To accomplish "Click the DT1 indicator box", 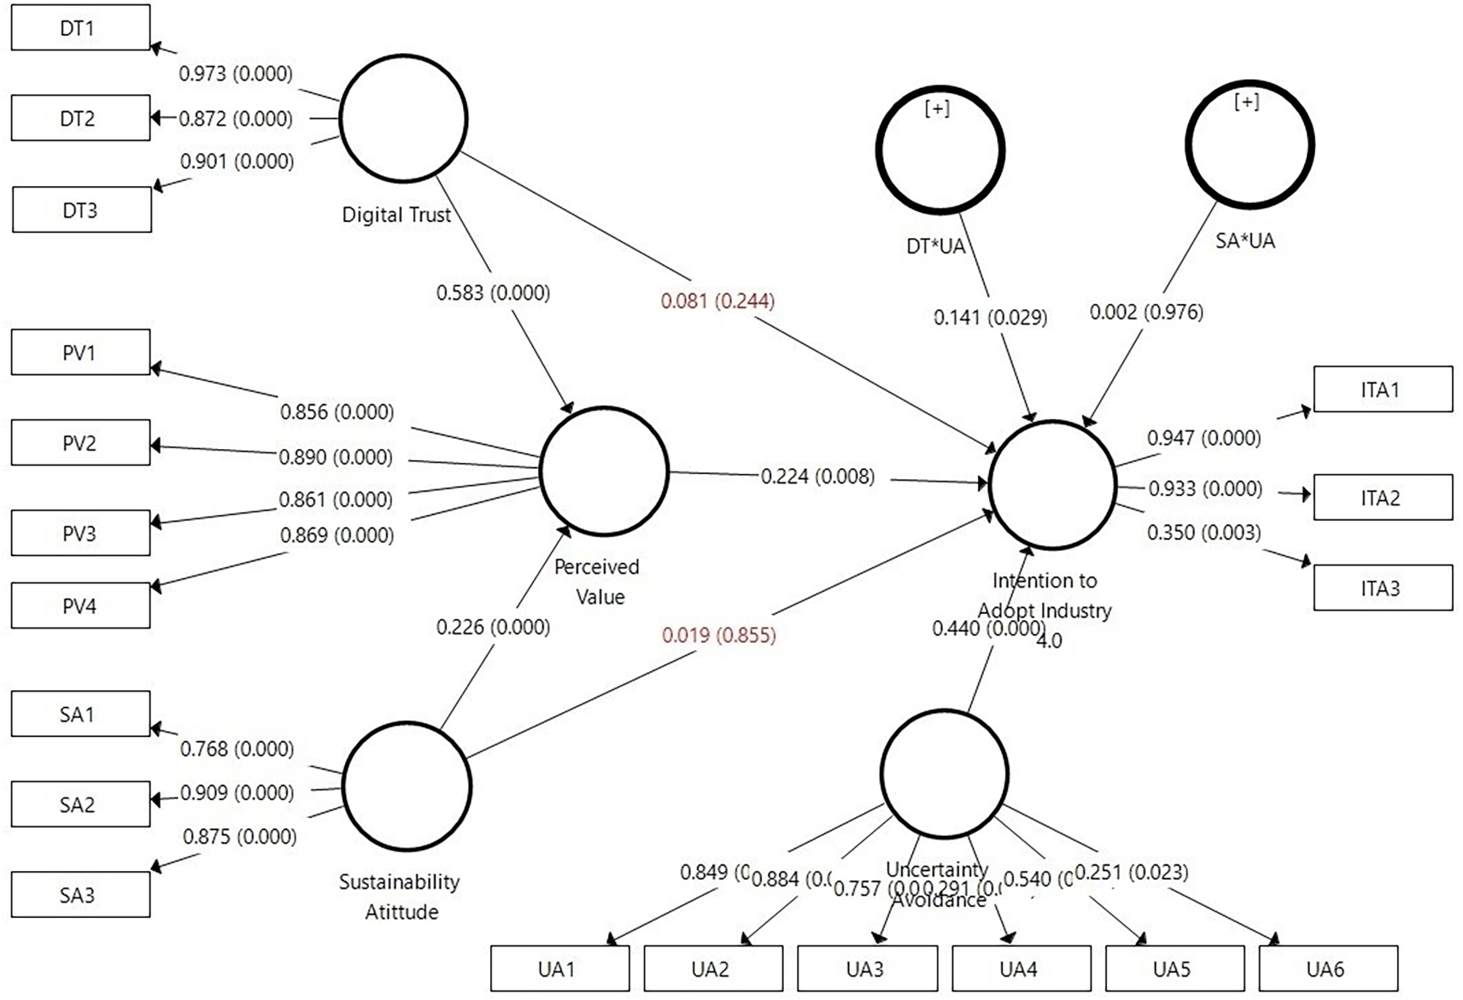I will (80, 27).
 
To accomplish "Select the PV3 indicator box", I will (80, 533).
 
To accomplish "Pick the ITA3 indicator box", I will (1382, 588).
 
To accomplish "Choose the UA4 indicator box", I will (1021, 968).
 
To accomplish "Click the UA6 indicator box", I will (1328, 968).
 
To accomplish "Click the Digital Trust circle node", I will (403, 118).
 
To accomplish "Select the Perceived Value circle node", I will (604, 471).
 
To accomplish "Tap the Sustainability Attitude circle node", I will (407, 786).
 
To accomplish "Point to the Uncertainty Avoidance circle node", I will (944, 773).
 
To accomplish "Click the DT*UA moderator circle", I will (939, 149).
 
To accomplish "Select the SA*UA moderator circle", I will (1249, 144).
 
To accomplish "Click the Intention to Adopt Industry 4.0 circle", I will (1052, 484).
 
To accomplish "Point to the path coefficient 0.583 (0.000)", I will (493, 293).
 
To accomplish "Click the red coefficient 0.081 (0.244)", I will (717, 301).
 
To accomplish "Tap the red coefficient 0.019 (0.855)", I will (718, 635).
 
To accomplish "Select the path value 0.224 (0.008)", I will (817, 477).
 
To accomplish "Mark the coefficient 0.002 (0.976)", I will (1146, 313).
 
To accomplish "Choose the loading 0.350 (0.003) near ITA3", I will (1203, 533).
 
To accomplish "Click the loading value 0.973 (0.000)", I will (236, 73).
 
